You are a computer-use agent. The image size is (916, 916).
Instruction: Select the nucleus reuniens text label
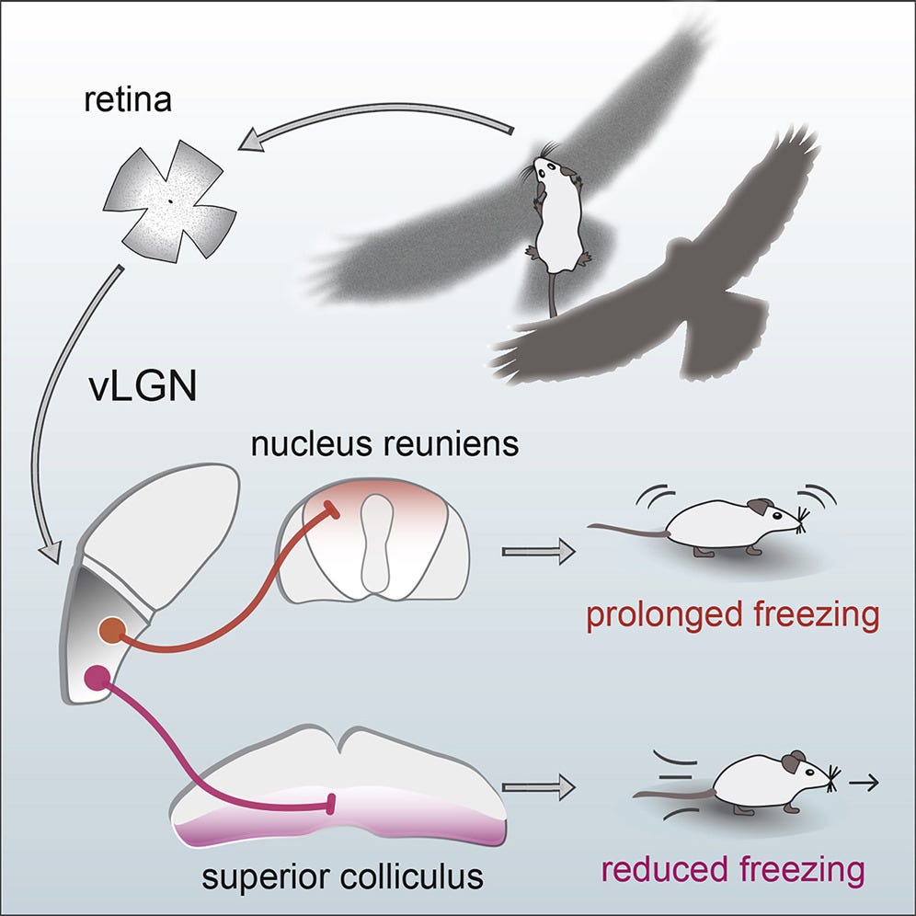tap(384, 445)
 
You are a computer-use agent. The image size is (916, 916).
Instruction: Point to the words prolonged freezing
tap(732, 614)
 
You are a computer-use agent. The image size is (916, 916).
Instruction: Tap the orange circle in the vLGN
tap(112, 632)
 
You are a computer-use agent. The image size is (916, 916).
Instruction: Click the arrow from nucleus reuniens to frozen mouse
tap(538, 552)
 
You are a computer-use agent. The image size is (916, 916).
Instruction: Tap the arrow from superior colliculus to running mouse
tap(538, 786)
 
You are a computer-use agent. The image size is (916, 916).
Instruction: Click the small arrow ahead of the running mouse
tap(864, 784)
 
